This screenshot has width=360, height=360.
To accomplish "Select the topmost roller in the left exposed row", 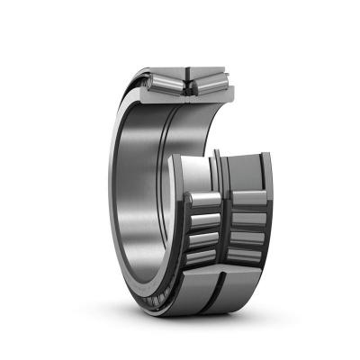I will [203, 200].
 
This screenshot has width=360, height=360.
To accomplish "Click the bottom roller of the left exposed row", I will [202, 259].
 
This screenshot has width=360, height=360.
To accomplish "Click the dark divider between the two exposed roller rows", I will [225, 229].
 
